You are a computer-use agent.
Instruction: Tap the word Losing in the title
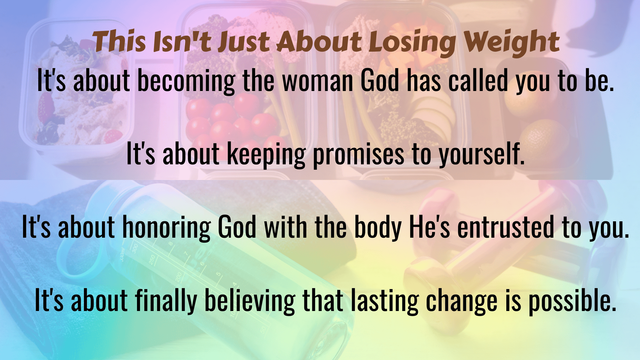pyautogui.click(x=412, y=43)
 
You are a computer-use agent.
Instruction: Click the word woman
pyautogui.click(x=318, y=81)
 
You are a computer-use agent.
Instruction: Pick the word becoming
pyautogui.click(x=186, y=81)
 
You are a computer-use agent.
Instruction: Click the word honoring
pyautogui.click(x=167, y=228)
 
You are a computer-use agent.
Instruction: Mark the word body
pyautogui.click(x=378, y=228)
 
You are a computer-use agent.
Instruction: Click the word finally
pyautogui.click(x=166, y=301)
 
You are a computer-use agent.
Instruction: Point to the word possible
pyautogui.click(x=572, y=301)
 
